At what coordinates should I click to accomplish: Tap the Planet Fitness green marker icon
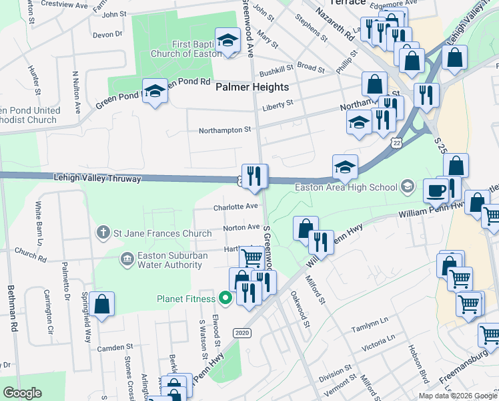pos(225,299)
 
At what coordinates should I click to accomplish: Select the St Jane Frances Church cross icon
pos(103,233)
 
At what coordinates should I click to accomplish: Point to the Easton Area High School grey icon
pos(408,186)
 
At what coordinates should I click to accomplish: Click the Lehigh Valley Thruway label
pos(97,178)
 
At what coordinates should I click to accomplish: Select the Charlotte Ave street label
pos(235,207)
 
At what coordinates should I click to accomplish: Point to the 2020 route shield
pos(242,332)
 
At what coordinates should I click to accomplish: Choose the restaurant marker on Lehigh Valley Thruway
pos(254,176)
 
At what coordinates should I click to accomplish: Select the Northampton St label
pos(224,130)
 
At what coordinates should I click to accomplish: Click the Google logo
pos(22,393)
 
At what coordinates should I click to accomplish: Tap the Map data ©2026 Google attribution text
pos(457,396)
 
